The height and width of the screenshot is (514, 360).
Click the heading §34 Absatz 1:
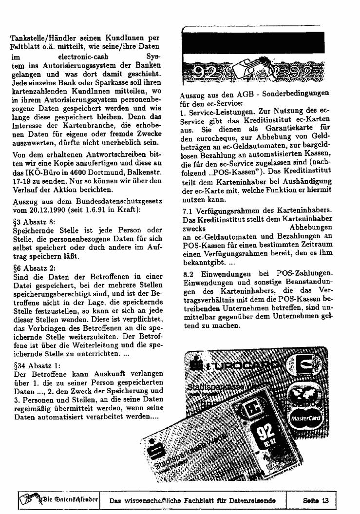click(x=34, y=365)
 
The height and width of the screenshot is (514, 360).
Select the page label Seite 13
click(x=316, y=500)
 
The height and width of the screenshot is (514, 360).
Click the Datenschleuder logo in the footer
click(x=58, y=499)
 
